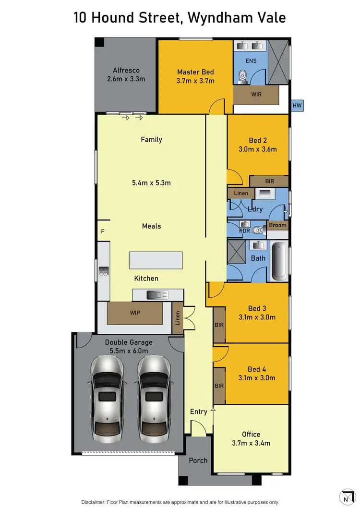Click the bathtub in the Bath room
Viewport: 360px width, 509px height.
click(279, 262)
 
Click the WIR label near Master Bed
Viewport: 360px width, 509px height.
click(256, 95)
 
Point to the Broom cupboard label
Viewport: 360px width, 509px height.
click(277, 225)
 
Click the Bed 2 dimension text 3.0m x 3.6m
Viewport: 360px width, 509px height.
click(258, 149)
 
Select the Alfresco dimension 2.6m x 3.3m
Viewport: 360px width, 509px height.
click(126, 79)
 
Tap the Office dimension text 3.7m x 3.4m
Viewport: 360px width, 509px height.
click(251, 443)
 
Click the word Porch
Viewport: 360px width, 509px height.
click(198, 460)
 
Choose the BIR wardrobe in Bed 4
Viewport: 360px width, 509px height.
click(219, 386)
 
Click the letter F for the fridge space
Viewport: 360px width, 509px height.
click(102, 231)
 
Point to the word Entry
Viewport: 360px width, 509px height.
click(198, 412)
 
